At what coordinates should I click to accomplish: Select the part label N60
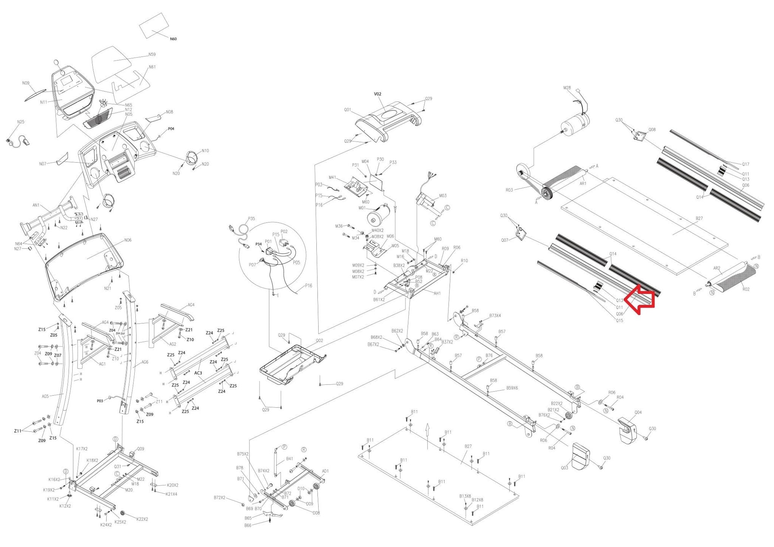click(173, 39)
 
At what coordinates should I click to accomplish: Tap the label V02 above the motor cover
click(378, 94)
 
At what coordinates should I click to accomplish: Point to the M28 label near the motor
click(567, 88)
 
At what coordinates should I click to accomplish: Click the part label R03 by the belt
click(509, 190)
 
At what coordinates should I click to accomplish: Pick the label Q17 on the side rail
click(745, 164)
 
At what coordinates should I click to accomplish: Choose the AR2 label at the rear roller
click(716, 268)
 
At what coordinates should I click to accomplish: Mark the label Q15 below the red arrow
click(619, 320)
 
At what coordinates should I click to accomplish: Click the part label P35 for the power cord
click(251, 218)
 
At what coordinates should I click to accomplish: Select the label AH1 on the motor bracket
click(437, 293)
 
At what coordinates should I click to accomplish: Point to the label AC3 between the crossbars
click(198, 373)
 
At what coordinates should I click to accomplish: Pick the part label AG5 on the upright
click(45, 396)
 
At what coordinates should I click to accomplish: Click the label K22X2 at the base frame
click(142, 519)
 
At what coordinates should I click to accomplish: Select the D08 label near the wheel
click(316, 513)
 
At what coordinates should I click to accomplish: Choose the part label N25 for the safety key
click(21, 122)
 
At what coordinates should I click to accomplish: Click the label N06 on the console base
click(128, 240)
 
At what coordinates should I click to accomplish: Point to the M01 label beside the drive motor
click(362, 208)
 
